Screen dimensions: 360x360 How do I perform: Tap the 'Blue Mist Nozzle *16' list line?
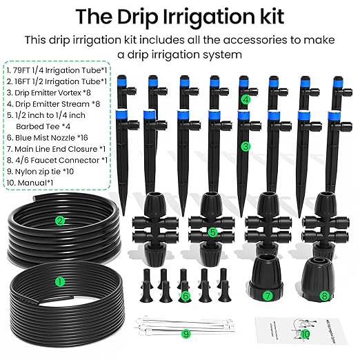pos(54,138)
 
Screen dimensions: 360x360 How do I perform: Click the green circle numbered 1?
pos(59,281)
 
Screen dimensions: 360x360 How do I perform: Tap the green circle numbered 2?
pos(60,221)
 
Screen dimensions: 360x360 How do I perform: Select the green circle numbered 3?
pos(245,146)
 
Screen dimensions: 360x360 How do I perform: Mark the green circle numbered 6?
pos(184,295)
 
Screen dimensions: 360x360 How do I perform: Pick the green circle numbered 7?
pos(268,296)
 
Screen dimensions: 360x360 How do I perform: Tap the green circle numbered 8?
pos(325,295)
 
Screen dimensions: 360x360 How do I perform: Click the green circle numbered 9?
pos(185,333)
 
